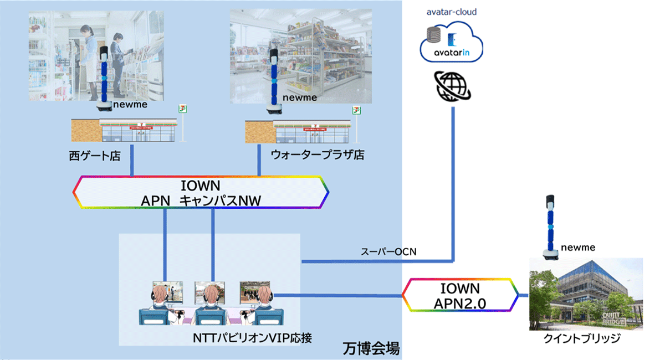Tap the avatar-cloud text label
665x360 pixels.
452,11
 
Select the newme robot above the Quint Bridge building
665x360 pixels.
550,226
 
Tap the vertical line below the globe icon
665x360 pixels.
453,183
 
